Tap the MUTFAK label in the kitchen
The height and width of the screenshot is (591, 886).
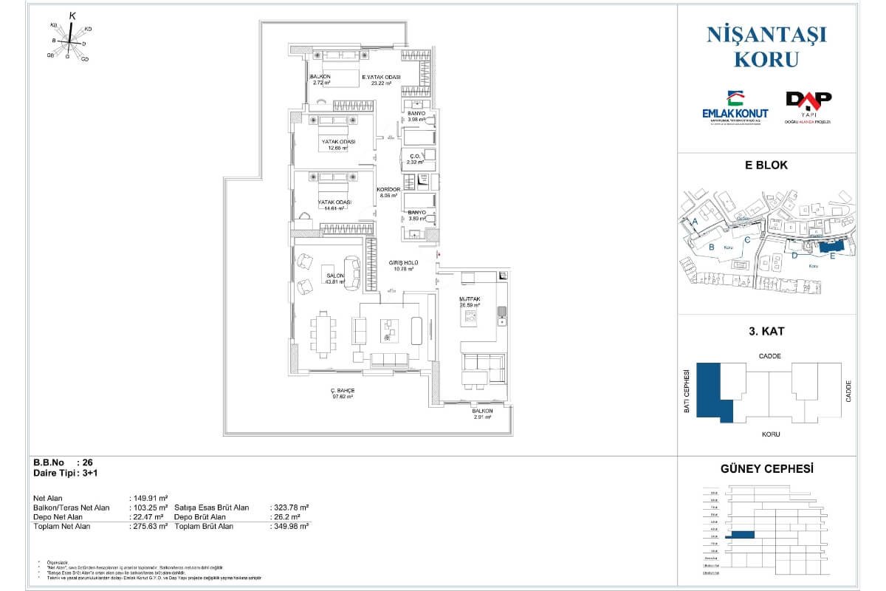click(x=470, y=298)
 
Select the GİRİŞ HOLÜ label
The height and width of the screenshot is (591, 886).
click(x=405, y=263)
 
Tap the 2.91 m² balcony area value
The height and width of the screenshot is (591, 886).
click(x=482, y=417)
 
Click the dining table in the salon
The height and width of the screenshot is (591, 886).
click(x=322, y=333)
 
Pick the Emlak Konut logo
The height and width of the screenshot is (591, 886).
click(x=734, y=109)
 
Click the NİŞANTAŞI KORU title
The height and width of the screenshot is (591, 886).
click(x=766, y=46)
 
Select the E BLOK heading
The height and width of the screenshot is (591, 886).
click(x=767, y=165)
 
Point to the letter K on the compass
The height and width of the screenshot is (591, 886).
click(x=72, y=16)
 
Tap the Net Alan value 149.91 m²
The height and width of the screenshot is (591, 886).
click(x=149, y=498)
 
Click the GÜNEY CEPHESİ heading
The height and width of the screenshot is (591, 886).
click(x=766, y=468)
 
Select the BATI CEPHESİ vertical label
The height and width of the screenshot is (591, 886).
click(x=687, y=392)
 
